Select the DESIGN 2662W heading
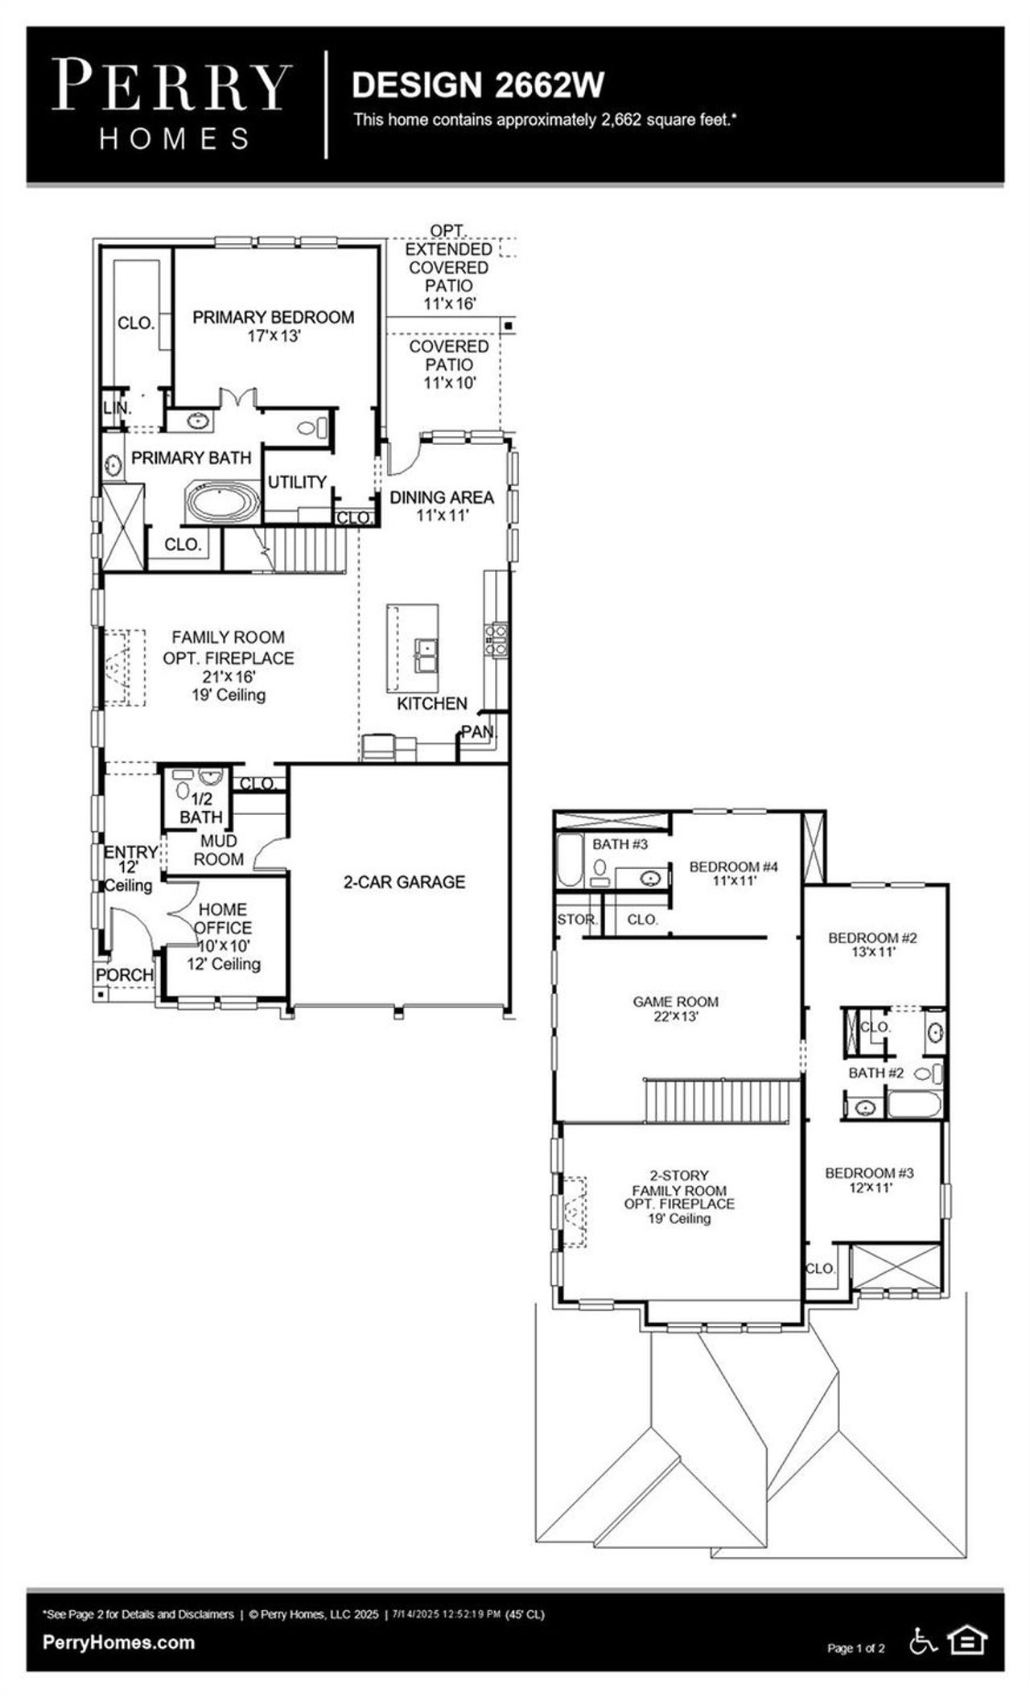point(478,85)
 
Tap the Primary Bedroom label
point(273,326)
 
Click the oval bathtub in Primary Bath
point(223,503)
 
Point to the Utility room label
point(297,482)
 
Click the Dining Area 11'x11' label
point(441,506)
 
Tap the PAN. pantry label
point(478,732)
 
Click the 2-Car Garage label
point(404,882)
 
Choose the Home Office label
point(223,918)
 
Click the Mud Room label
point(218,850)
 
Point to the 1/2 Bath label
point(201,808)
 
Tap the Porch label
point(125,974)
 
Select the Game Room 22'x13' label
point(675,1009)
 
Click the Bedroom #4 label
point(733,873)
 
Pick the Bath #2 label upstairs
point(875,1073)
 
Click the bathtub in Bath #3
point(570,859)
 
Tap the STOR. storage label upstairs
point(576,919)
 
